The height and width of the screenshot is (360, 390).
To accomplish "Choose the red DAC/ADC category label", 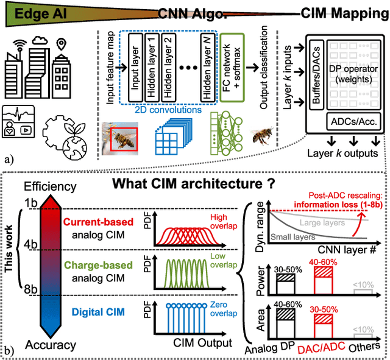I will coord(326,350).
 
